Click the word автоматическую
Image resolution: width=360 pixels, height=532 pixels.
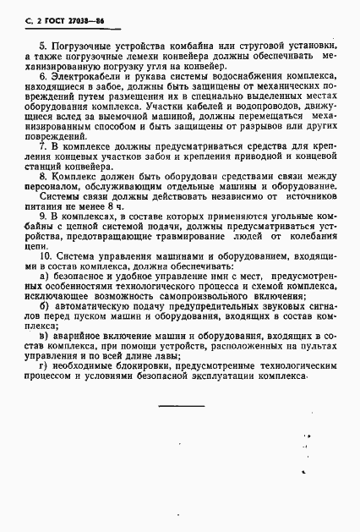(x=89, y=310)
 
